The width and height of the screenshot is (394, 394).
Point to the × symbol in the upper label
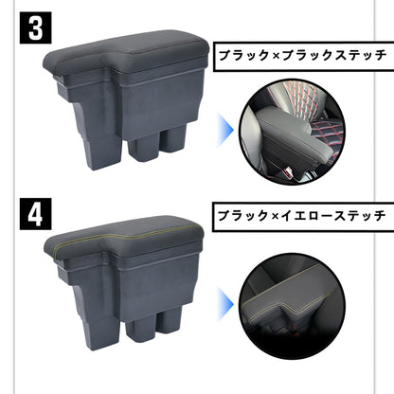[269, 56]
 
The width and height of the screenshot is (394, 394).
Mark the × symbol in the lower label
[269, 215]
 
